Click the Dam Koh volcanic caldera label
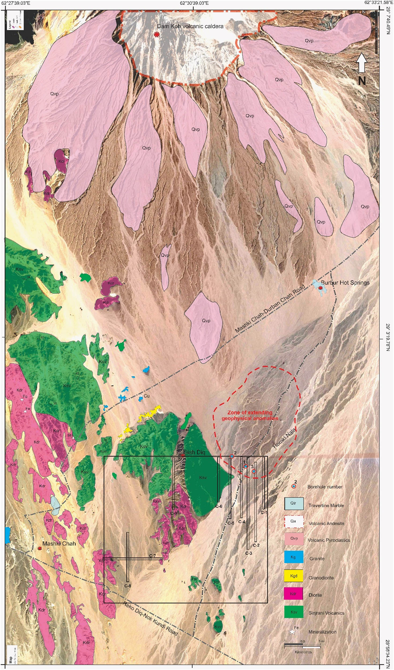click(190, 27)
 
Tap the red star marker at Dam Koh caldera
click(157, 35)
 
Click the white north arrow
click(362, 62)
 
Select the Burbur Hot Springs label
click(345, 282)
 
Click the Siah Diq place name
click(194, 453)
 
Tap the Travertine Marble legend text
click(326, 505)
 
